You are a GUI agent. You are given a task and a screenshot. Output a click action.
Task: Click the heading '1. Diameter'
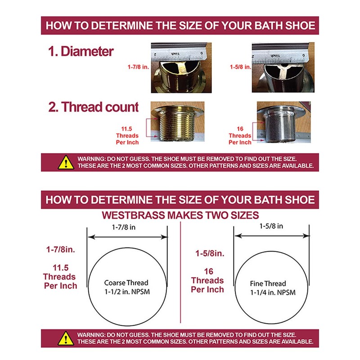click(81, 51)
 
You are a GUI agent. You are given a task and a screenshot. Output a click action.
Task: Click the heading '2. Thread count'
click(94, 107)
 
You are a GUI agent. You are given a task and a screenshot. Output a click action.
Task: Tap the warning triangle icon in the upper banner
click(66, 162)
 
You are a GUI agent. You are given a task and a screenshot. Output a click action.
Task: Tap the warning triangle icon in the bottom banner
click(66, 338)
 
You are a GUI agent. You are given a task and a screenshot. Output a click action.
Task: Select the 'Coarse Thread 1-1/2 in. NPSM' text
click(126, 287)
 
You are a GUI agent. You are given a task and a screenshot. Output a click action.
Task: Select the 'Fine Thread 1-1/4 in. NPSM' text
click(268, 288)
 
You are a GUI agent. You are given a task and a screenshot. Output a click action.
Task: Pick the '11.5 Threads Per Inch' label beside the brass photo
click(127, 135)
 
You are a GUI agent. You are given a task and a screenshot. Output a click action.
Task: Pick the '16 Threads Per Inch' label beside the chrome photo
click(240, 135)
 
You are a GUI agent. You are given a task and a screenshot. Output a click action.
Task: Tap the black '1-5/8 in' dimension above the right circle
click(271, 226)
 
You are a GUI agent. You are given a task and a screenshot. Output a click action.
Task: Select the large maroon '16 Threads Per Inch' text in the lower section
click(207, 280)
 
